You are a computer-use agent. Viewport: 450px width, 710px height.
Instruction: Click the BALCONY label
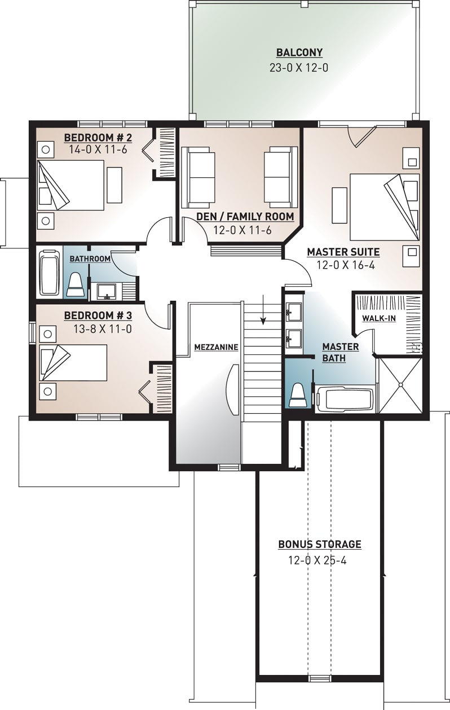[x=299, y=53]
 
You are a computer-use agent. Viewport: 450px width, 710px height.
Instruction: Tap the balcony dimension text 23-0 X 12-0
[x=299, y=68]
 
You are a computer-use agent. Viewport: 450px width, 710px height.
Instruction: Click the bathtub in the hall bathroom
[x=49, y=274]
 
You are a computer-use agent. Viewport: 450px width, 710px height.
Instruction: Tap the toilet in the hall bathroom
[x=76, y=284]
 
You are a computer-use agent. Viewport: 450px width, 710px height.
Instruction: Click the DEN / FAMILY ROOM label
[x=245, y=217]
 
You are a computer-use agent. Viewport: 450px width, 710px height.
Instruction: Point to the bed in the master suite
[x=383, y=207]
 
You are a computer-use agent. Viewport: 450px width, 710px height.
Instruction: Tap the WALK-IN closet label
[x=378, y=318]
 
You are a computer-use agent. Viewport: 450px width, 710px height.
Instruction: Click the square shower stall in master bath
[x=400, y=385]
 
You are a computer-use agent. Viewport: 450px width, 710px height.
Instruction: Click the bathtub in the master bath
[x=343, y=400]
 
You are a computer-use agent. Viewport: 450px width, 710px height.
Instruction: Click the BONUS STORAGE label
[x=319, y=545]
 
